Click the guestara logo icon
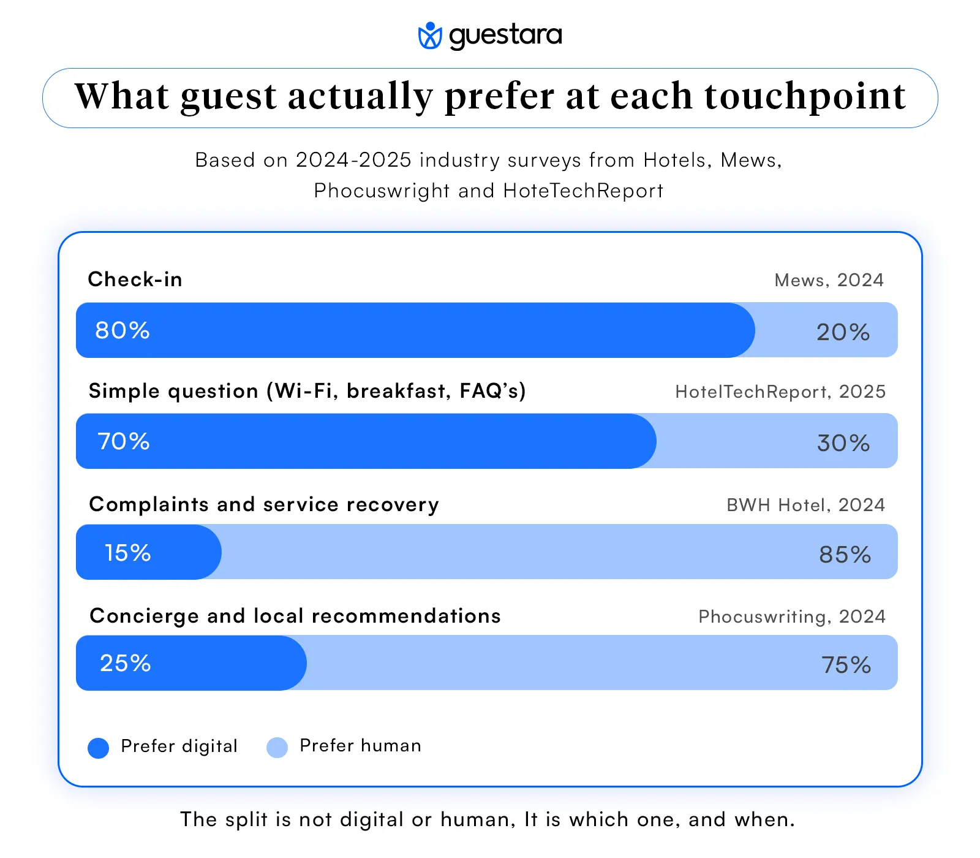click(429, 36)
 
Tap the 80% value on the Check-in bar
click(123, 330)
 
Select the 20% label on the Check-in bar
click(843, 332)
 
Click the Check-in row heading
click(135, 279)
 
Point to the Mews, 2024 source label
click(829, 280)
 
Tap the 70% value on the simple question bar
click(124, 441)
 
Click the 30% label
click(843, 443)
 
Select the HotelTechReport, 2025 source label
click(780, 392)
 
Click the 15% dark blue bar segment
click(148, 552)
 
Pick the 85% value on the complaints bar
click(845, 555)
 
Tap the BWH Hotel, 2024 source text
click(805, 505)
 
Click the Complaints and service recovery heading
click(264, 504)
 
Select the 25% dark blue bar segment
click(190, 663)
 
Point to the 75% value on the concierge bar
click(846, 665)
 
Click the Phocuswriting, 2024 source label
click(792, 617)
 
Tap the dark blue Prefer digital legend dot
click(99, 748)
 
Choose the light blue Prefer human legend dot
click(277, 748)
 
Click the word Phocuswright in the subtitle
click(382, 191)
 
